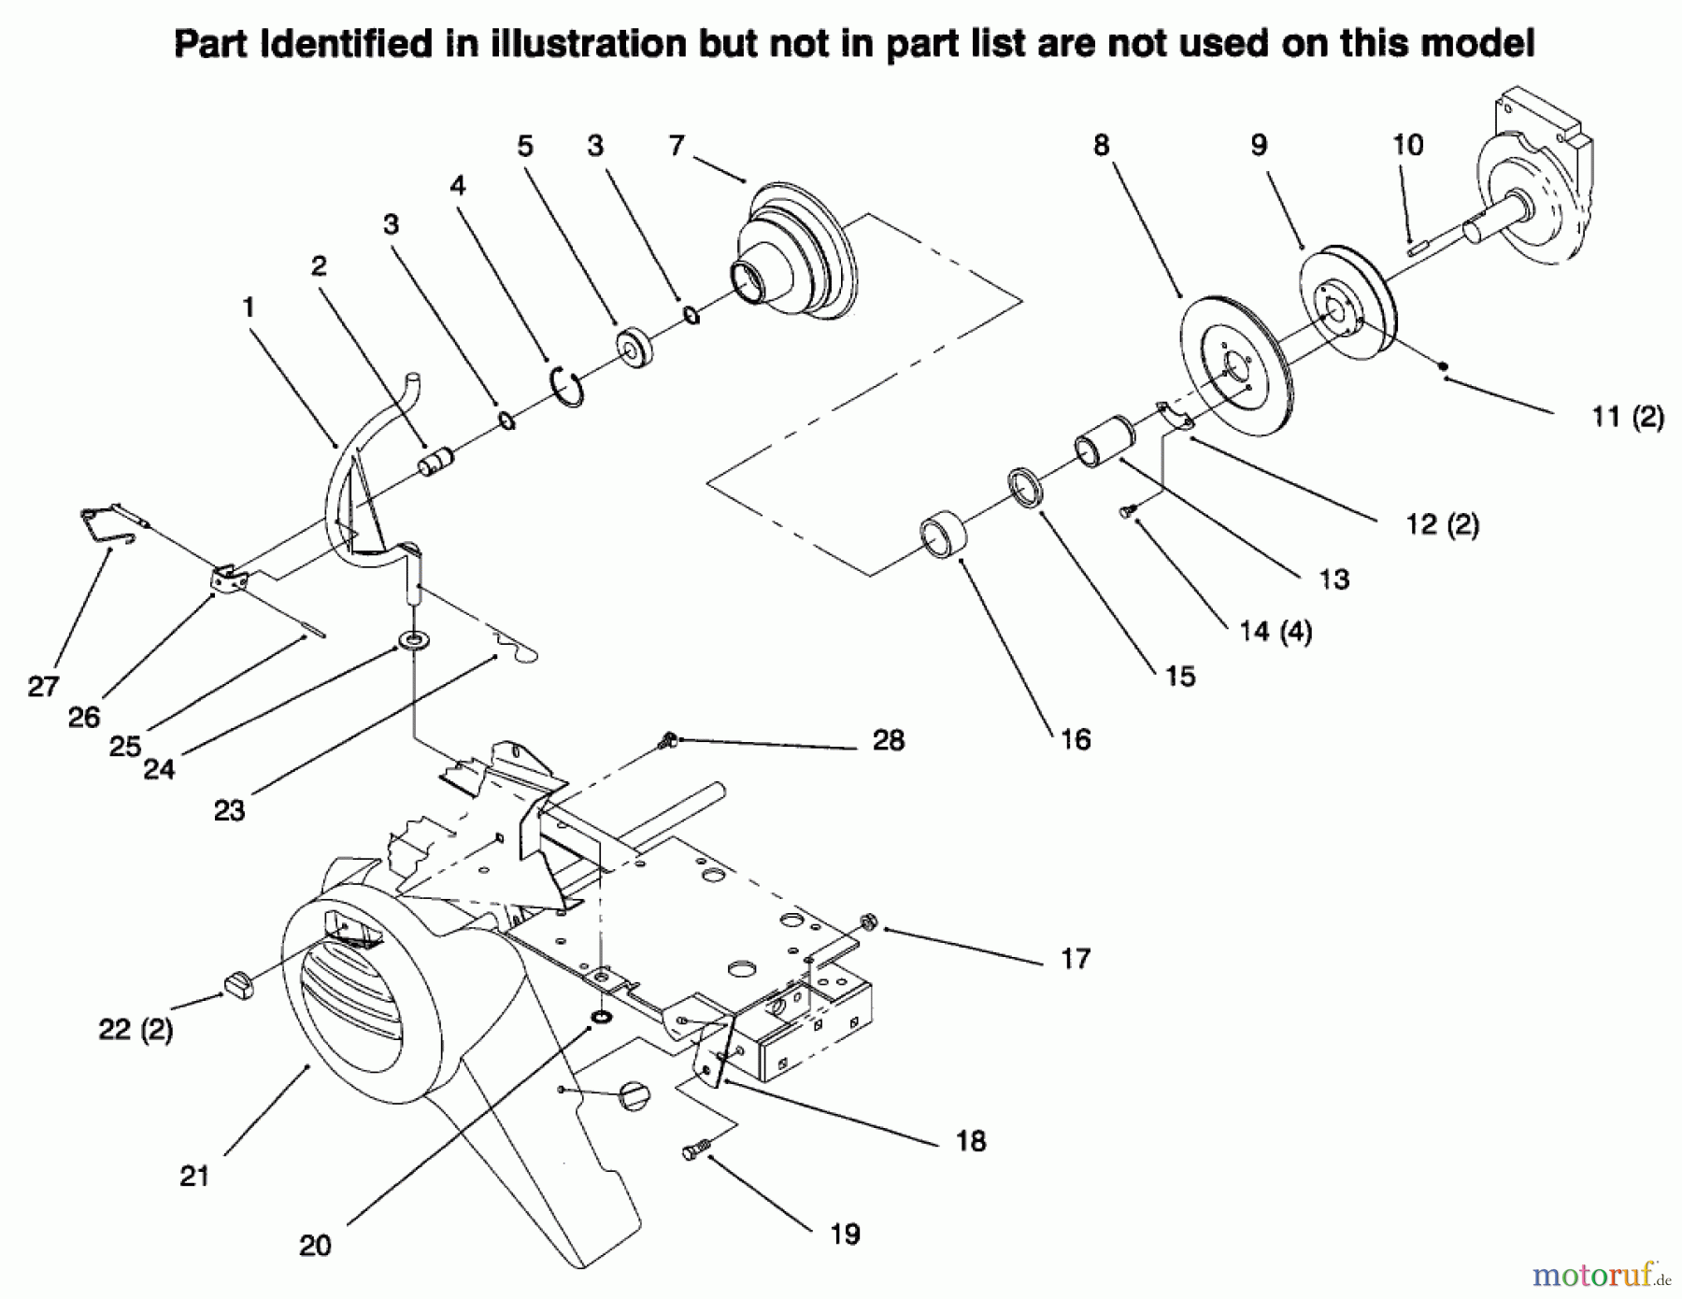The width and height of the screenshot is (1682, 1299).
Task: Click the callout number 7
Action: point(677,146)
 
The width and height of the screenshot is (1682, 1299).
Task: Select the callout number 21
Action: point(194,1176)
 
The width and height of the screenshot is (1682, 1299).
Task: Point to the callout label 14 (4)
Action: point(1276,632)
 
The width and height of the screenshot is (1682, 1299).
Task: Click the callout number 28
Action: point(889,740)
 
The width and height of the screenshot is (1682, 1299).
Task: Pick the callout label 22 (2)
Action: point(135,1030)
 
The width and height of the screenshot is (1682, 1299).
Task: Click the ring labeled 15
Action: point(1026,490)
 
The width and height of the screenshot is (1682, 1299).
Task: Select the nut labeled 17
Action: point(868,922)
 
